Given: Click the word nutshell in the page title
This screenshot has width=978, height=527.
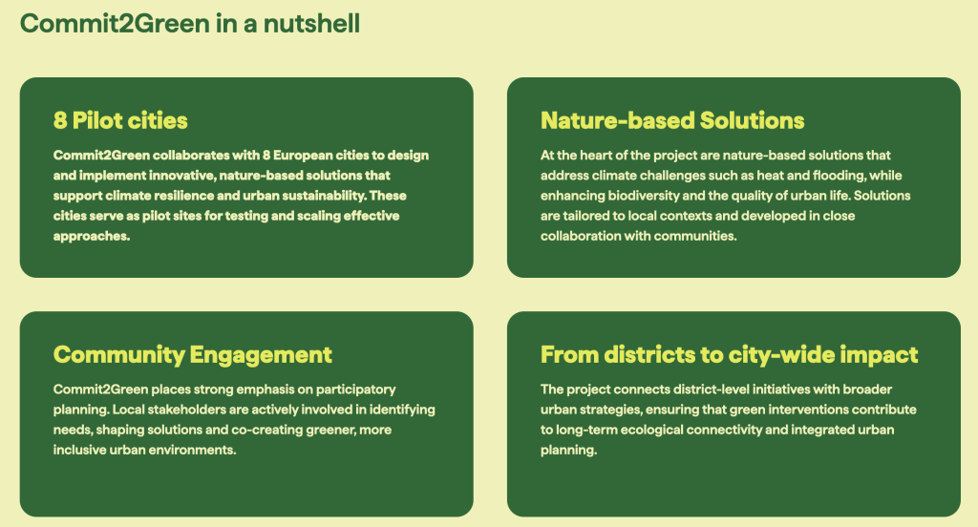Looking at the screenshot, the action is pyautogui.click(x=311, y=24).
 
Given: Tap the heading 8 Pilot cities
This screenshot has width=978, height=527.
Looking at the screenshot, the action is pyautogui.click(x=120, y=120).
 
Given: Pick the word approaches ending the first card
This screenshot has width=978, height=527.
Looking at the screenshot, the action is pyautogui.click(x=92, y=237).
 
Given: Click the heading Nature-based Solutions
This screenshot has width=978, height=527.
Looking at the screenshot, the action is pyautogui.click(x=672, y=120).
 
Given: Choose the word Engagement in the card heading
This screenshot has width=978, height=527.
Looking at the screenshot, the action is pyautogui.click(x=261, y=355).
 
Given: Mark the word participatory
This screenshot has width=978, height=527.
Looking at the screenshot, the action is pyautogui.click(x=355, y=390).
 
